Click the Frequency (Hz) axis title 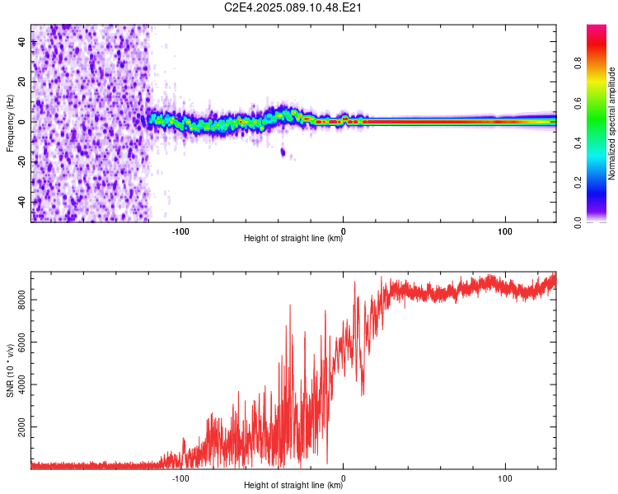(x=10, y=122)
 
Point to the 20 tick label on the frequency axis (x=21, y=82)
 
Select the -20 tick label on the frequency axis (x=21, y=161)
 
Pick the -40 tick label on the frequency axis (x=21, y=201)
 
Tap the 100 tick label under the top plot (x=505, y=230)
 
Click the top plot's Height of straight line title (x=293, y=239)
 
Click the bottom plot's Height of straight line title (x=293, y=486)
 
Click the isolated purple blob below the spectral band (x=283, y=151)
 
